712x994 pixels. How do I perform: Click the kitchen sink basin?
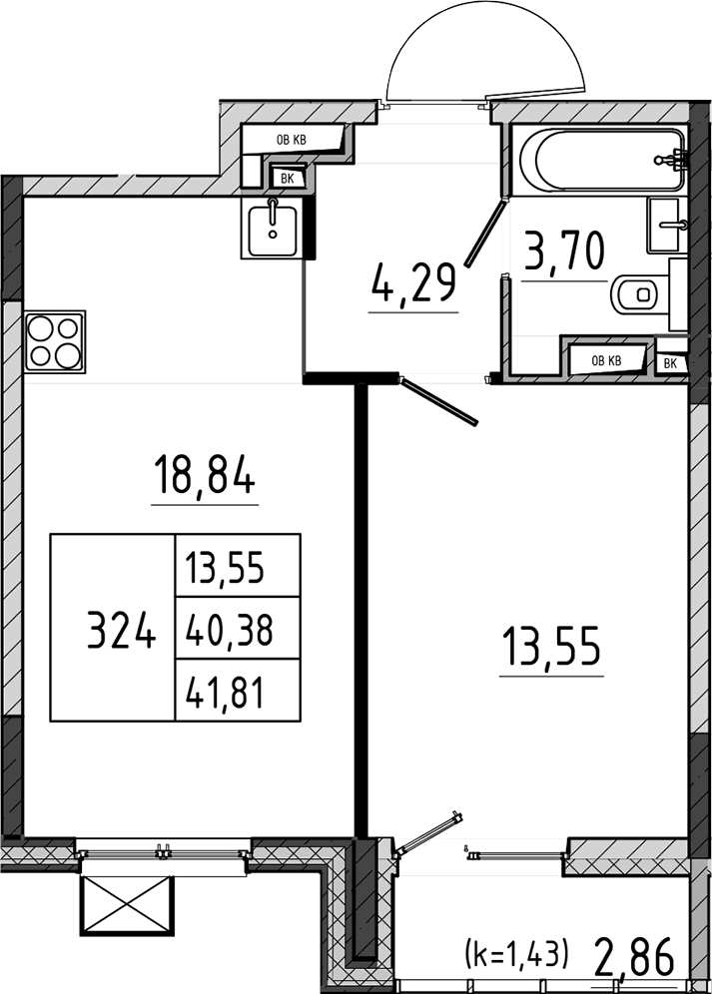tap(273, 228)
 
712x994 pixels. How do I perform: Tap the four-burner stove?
tap(55, 341)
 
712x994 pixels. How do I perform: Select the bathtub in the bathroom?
tap(602, 159)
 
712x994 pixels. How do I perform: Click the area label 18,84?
tap(205, 476)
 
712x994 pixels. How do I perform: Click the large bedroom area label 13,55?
tap(551, 646)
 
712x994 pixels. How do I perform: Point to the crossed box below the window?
tap(126, 904)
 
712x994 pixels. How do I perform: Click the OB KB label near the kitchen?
tap(292, 140)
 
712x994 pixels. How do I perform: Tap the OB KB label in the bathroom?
tap(606, 361)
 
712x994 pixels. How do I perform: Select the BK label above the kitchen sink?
tap(287, 179)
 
